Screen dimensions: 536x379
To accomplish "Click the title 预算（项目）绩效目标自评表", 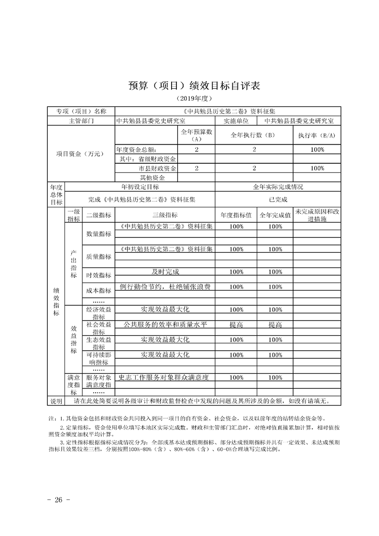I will [189, 85].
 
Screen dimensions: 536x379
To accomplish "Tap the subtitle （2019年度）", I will [189, 98].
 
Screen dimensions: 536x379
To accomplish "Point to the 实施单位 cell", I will [236, 121].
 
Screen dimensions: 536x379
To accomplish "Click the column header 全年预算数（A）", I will [196, 135].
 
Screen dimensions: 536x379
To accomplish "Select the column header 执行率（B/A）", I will [316, 135].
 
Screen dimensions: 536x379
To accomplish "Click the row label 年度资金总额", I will [138, 150].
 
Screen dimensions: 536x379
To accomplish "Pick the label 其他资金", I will [152, 178].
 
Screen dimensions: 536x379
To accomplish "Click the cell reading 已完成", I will [277, 200].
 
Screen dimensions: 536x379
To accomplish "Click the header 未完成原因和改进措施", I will [316, 215].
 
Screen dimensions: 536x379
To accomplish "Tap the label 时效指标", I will [98, 275].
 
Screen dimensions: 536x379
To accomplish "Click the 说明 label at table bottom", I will [56, 400].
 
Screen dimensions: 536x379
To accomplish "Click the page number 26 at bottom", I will [59, 500].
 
